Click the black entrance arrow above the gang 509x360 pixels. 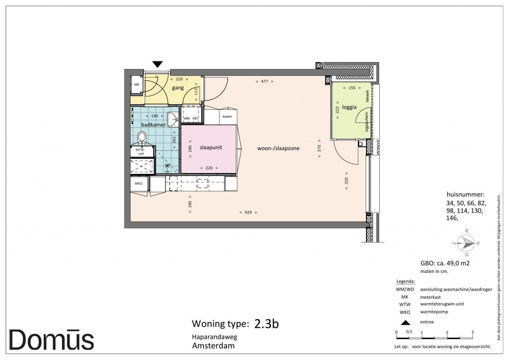tap(157, 64)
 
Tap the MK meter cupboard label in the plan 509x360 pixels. tap(136, 85)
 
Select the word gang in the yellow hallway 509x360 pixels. tap(178, 88)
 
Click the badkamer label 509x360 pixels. tap(153, 125)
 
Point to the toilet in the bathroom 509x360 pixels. tap(142, 138)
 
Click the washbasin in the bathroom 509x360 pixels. tap(173, 119)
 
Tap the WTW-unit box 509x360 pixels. tap(141, 152)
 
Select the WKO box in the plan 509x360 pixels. tap(139, 184)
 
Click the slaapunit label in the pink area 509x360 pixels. tap(211, 148)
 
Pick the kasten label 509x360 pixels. tap(227, 117)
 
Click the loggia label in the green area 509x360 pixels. tap(349, 107)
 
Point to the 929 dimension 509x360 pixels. tap(248, 212)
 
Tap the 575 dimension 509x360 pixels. tap(319, 148)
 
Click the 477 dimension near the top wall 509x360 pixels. tap(264, 82)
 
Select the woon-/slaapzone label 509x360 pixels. tap(278, 148)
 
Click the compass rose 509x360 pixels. tap(466, 243)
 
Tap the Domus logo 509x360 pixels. tap(51, 340)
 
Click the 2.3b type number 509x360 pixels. tap(266, 324)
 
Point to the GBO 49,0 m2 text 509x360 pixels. tap(445, 263)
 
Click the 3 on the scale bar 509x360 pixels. tap(472, 332)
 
